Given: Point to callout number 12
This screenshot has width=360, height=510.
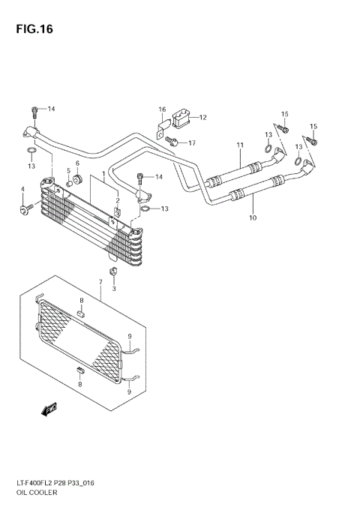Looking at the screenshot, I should click(202, 117).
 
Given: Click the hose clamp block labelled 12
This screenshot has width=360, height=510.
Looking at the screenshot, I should click(181, 118).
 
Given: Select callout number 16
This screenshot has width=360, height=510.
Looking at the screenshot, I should click(161, 109).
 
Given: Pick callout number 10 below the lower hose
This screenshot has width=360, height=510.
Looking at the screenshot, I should click(253, 218).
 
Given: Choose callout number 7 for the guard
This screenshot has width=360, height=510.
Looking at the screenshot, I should click(100, 283).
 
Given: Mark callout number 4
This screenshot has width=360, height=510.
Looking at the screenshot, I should click(22, 189).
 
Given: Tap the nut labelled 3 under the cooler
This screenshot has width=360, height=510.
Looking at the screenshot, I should click(113, 271).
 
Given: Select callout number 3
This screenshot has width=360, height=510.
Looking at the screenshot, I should click(114, 289).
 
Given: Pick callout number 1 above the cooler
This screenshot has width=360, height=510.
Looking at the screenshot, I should click(103, 175).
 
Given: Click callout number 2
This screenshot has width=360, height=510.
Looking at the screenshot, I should click(118, 201).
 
